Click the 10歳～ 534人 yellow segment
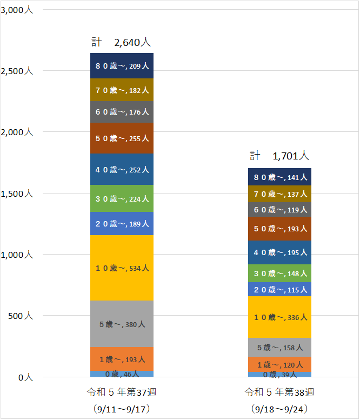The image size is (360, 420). click(x=122, y=268)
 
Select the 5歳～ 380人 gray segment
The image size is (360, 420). click(x=122, y=324)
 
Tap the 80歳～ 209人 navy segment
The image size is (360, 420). click(x=122, y=66)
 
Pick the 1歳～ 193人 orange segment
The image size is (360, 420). click(x=122, y=359)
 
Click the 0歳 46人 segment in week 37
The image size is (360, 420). click(x=122, y=374)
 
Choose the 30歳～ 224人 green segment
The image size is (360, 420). click(x=122, y=198)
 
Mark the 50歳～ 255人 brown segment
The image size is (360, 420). click(x=122, y=138)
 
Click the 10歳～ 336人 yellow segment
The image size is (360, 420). click(x=279, y=317)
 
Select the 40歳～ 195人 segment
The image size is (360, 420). click(x=279, y=252)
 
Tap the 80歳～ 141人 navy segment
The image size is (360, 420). click(x=279, y=177)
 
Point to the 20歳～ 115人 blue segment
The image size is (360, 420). click(x=279, y=289)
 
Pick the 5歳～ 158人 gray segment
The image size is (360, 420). click(x=279, y=347)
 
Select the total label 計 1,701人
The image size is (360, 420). click(x=279, y=156)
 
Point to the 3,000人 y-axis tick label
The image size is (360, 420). click(x=17, y=10)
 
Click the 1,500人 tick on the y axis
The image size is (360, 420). click(x=17, y=193)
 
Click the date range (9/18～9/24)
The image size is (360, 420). click(x=279, y=408)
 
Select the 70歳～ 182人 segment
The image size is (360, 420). click(x=122, y=90)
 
